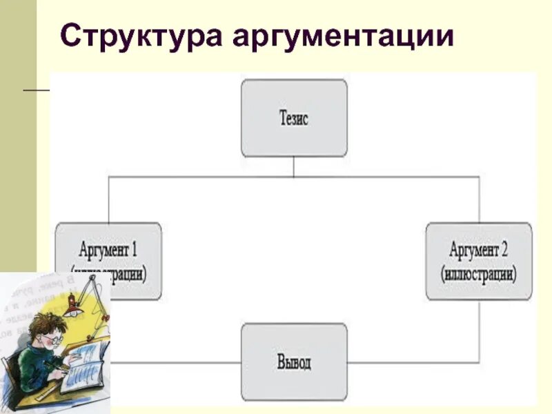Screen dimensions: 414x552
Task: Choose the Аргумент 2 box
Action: pos(479,260)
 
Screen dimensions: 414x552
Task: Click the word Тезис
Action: pos(294,118)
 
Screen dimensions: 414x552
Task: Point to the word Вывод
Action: pos(294,362)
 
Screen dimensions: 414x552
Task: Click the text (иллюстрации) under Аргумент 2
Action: pos(479,273)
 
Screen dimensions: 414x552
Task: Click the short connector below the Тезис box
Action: pos(294,166)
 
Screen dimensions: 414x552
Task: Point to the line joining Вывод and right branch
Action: pos(414,362)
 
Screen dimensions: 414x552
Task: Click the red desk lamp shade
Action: pos(70,312)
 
